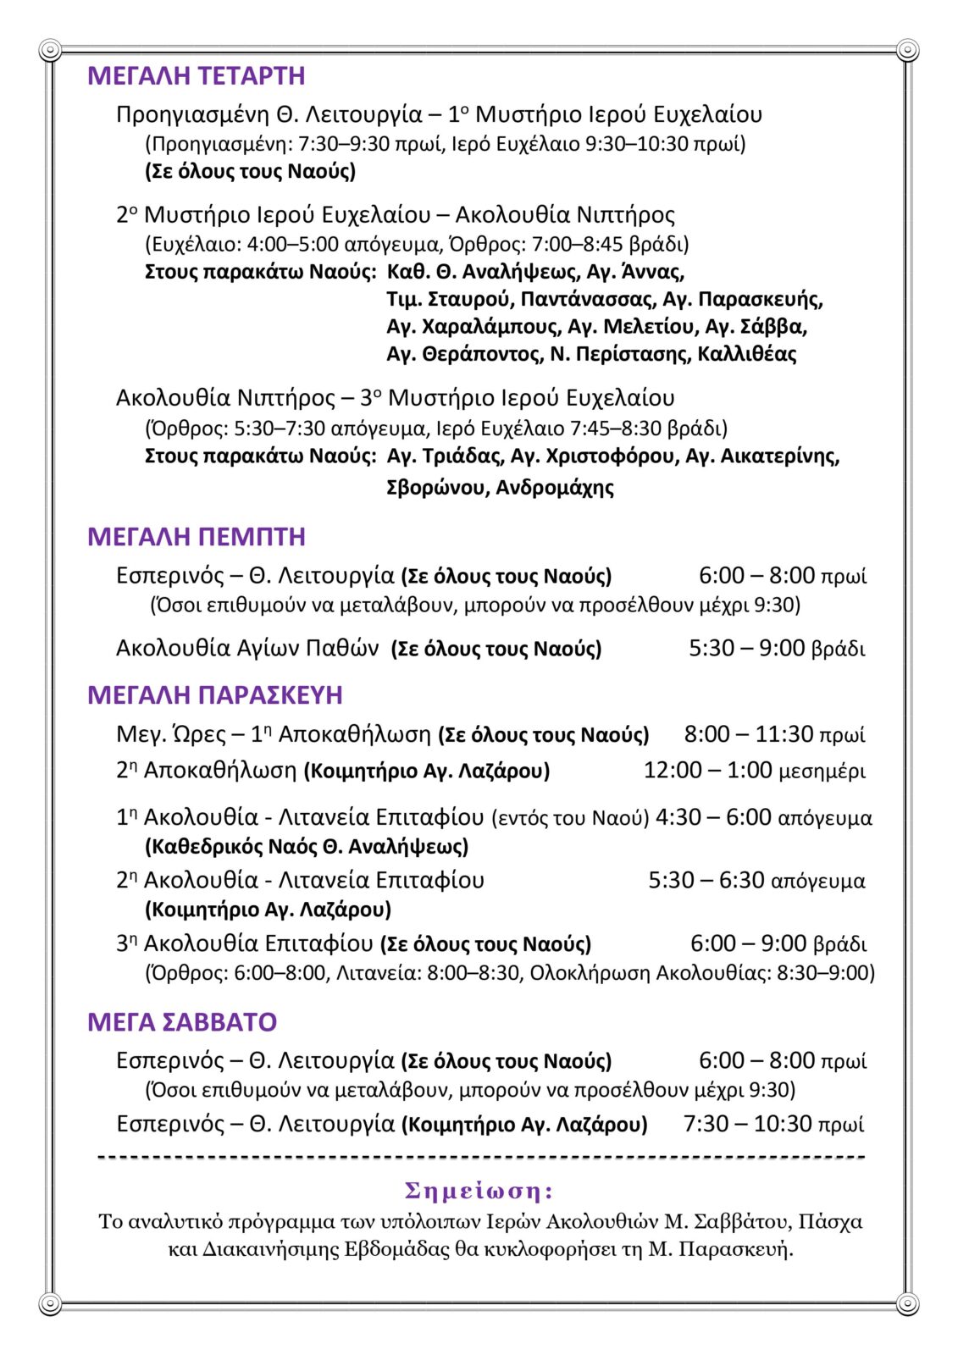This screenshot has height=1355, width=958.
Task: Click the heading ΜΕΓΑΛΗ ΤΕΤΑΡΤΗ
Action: pos(196,76)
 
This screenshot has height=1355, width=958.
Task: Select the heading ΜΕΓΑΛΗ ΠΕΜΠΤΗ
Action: pos(196,537)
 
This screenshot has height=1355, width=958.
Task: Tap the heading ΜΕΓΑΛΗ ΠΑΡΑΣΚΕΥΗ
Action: pos(214,695)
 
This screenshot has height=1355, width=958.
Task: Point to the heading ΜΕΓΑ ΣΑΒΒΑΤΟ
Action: pos(181,1022)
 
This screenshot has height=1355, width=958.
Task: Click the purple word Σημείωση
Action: pos(479,1191)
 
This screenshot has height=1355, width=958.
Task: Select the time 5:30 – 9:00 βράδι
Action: pos(776,649)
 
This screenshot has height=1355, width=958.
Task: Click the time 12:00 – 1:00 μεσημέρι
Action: pos(754,771)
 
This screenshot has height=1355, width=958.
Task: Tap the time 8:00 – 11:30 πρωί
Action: pos(774,734)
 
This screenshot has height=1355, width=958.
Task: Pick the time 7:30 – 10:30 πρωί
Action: pos(773,1124)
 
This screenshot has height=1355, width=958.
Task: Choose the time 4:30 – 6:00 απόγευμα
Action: pos(763,817)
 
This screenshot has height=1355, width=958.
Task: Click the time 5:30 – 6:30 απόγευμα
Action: pos(756,881)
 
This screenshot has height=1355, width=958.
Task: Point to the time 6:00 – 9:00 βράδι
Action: pos(778,943)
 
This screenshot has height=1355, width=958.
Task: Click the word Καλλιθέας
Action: pos(746,354)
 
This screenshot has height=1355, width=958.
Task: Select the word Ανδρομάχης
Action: pos(555,488)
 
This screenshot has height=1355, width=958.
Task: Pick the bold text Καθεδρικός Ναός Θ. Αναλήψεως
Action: pos(307,847)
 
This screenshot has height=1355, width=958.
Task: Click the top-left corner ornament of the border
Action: pos(50,51)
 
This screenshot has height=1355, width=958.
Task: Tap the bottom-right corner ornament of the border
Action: pos(907,1303)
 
